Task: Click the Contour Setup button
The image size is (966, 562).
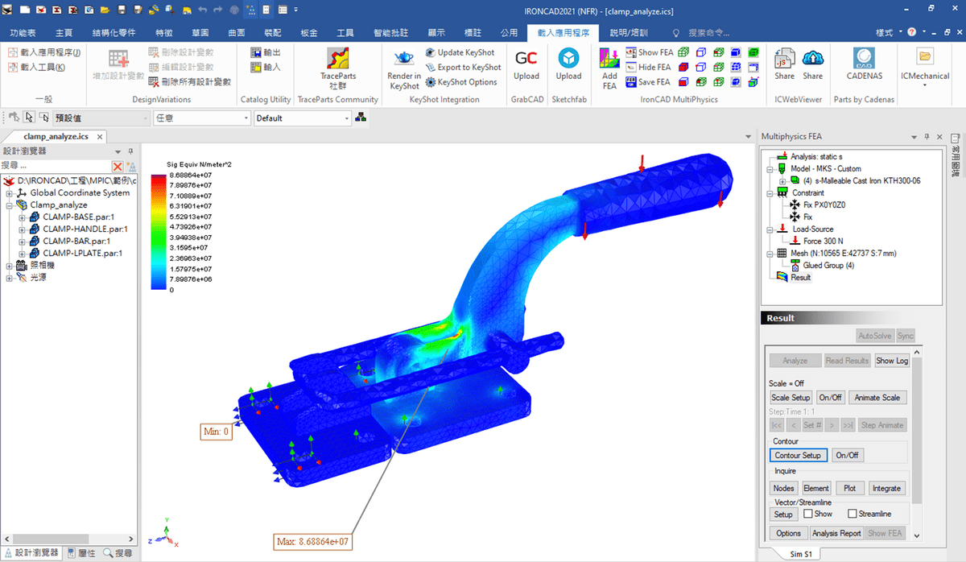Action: (798, 455)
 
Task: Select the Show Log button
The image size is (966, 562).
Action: (891, 361)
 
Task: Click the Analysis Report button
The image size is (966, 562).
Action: (836, 533)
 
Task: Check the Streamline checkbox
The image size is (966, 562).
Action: (852, 514)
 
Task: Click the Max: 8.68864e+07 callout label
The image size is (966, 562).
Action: (312, 542)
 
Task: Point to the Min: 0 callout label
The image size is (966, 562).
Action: (217, 432)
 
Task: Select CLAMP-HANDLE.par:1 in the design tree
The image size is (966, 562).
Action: (85, 229)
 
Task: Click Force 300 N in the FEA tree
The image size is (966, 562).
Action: (823, 241)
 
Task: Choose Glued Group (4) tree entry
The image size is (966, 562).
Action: (828, 265)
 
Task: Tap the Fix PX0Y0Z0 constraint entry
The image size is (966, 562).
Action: (830, 205)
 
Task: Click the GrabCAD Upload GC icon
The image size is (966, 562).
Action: (526, 59)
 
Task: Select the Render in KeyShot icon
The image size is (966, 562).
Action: (404, 59)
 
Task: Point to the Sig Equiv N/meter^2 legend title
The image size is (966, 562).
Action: (199, 164)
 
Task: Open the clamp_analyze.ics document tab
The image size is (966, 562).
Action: (56, 137)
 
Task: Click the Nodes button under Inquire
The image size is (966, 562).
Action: (783, 488)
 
